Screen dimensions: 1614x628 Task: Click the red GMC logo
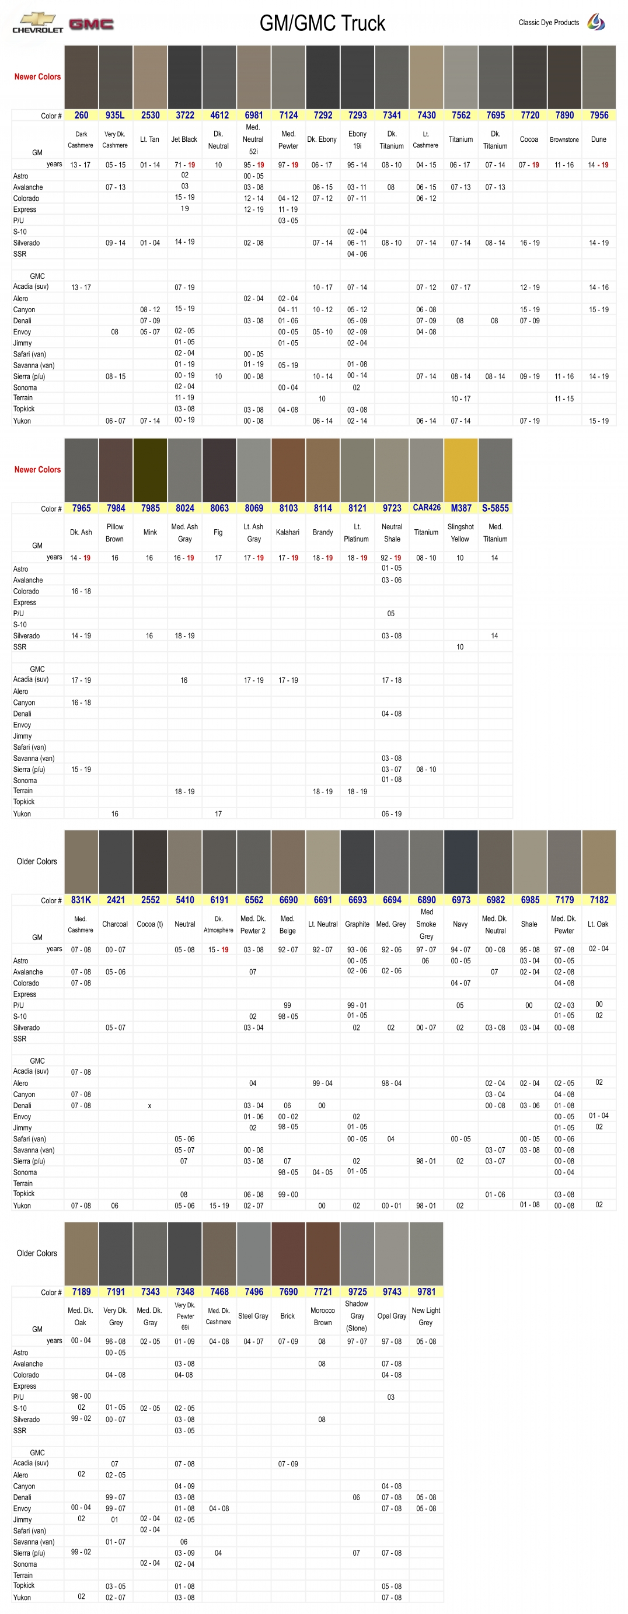pos(92,25)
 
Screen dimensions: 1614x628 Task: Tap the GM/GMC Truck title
pos(322,24)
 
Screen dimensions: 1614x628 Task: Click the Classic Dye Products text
pos(549,23)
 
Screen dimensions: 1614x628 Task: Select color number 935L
pos(116,116)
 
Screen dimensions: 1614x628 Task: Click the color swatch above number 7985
pos(151,469)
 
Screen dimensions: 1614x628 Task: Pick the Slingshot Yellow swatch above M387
pos(460,469)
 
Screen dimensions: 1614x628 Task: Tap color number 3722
pos(185,116)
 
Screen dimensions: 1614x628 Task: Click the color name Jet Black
pos(184,139)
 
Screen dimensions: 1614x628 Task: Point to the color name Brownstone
pos(564,139)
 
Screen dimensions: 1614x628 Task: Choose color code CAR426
pos(426,508)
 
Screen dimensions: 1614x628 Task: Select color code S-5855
pos(495,508)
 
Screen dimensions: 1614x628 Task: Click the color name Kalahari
pos(288,533)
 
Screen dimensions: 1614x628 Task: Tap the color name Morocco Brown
pos(323,1316)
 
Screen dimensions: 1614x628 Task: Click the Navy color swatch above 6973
pos(460,861)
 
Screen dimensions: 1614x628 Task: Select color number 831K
pos(81,900)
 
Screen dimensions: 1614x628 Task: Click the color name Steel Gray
pos(253,1316)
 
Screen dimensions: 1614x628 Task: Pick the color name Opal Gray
pos(392,1316)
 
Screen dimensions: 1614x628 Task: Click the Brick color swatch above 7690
pos(288,1253)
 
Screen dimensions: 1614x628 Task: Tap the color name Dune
pos(599,139)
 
